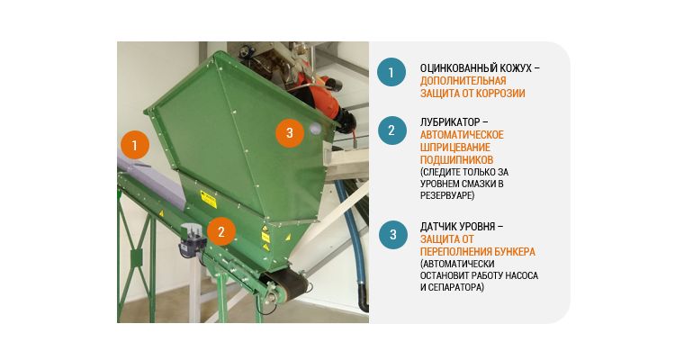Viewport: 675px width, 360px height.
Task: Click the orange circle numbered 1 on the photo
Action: (134, 144)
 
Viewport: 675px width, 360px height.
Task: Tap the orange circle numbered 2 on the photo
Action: (221, 231)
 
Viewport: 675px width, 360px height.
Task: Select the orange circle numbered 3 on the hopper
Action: (288, 133)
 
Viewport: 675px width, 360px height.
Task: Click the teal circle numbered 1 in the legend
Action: (391, 72)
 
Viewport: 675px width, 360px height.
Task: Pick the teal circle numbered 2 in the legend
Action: (391, 130)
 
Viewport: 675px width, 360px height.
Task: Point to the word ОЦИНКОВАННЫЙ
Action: (458, 68)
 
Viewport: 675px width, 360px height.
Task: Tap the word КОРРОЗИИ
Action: (500, 93)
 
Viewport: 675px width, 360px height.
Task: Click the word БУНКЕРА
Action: (513, 251)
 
